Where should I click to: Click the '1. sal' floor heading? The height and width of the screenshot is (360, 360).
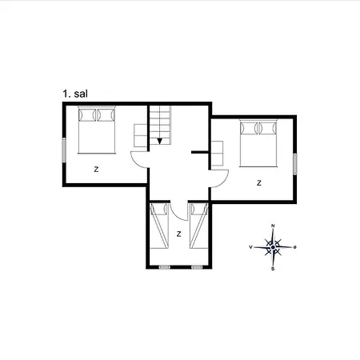75,94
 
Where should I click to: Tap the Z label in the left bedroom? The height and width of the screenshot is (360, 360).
96,169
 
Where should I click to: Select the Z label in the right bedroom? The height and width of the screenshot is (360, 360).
258,182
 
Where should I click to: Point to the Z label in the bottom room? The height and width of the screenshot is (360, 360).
178,234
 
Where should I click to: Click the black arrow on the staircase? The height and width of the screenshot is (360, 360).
160,141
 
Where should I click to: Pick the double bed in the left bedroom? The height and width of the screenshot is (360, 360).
98,130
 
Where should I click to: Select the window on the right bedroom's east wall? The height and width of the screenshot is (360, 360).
294,162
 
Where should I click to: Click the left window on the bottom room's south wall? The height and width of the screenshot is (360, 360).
165,266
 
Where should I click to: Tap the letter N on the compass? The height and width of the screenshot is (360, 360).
274,226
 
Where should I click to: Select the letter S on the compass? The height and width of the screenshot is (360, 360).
274,269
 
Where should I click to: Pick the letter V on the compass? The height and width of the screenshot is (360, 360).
251,247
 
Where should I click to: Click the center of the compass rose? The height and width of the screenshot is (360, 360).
274,247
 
